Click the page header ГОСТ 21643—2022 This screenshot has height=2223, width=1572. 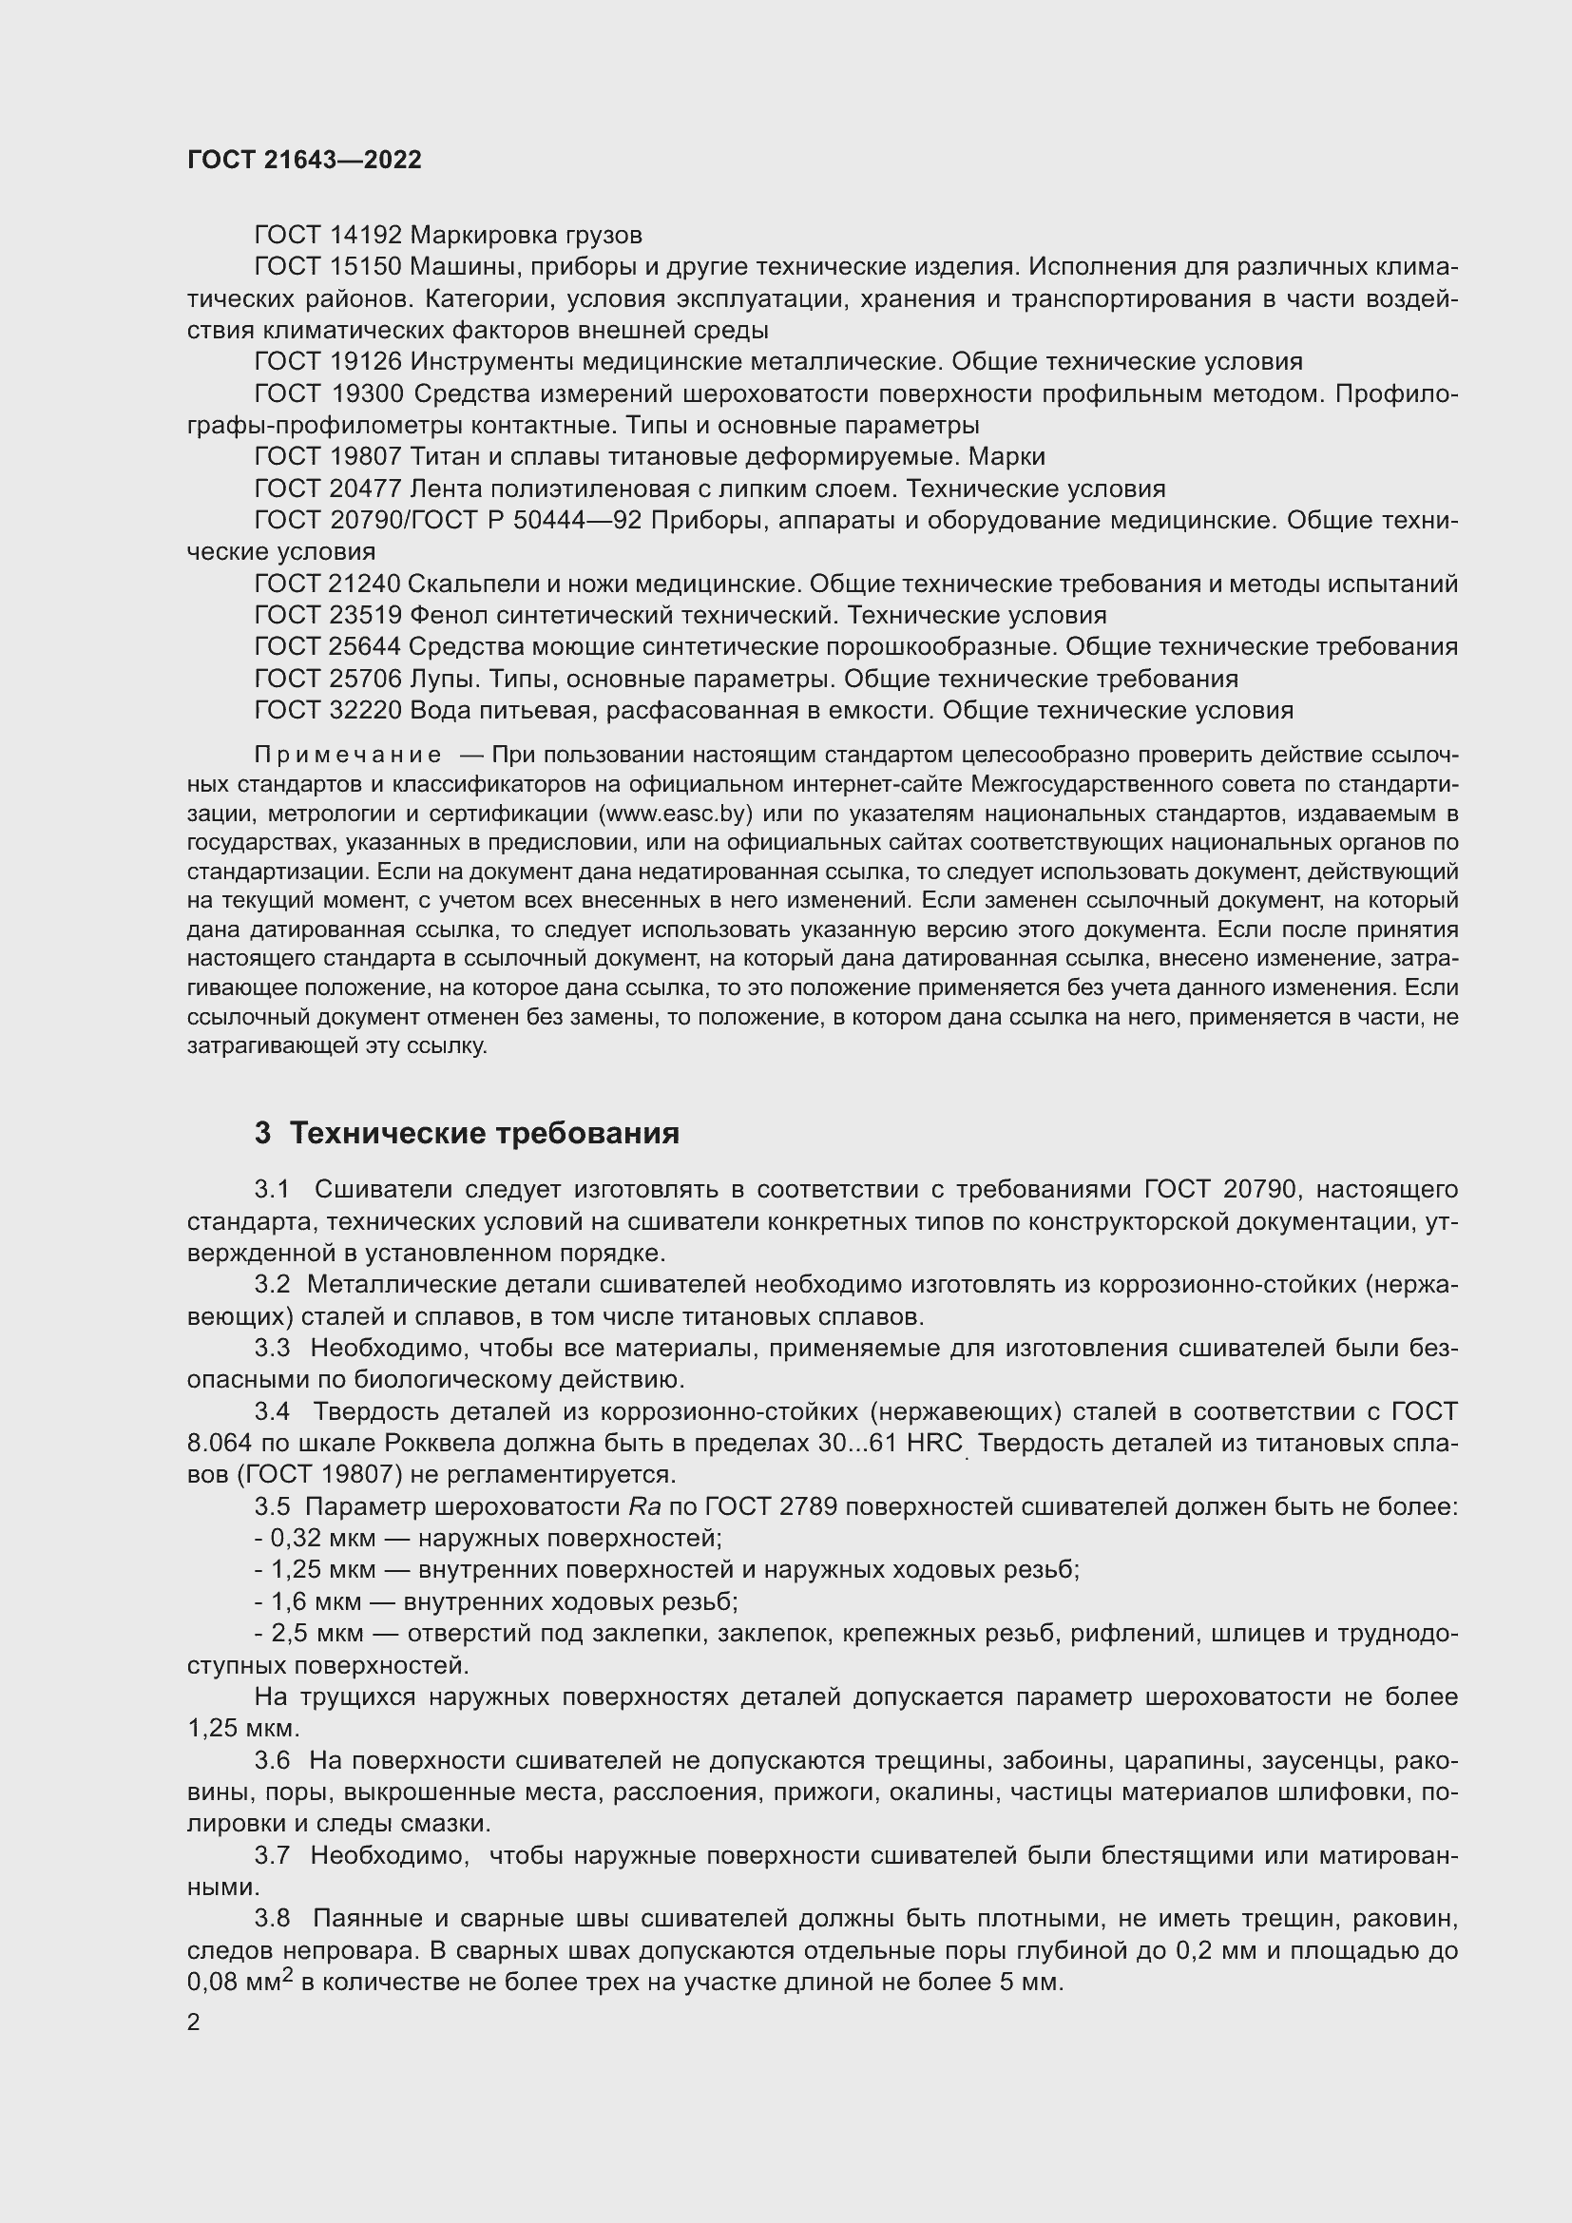304,160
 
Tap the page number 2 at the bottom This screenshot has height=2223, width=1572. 194,2023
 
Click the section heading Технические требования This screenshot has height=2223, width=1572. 484,1133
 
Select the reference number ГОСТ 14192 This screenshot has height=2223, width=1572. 327,236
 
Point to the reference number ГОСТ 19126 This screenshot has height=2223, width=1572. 327,362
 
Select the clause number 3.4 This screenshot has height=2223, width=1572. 272,1412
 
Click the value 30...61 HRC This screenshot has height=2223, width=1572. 890,1444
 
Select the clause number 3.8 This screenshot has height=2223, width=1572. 272,1919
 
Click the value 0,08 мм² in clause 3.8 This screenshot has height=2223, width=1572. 239,1982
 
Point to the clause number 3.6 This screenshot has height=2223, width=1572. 272,1761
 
